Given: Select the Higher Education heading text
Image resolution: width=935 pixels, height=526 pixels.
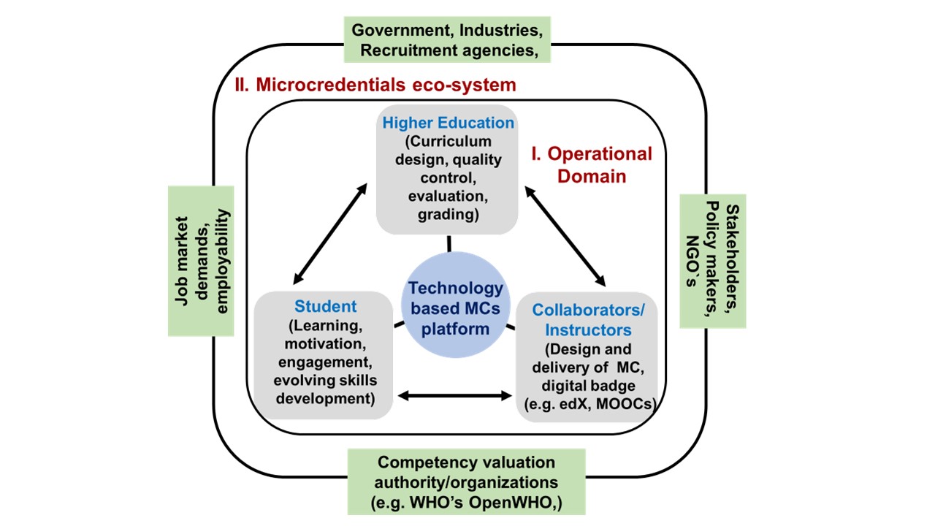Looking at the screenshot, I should coord(448,122).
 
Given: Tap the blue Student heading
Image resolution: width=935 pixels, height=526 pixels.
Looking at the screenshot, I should coord(325,306).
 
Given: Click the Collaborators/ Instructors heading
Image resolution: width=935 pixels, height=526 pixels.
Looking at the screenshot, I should coord(587,320).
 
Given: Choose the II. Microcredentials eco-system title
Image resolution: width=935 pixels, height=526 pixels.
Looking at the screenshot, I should coord(375,85).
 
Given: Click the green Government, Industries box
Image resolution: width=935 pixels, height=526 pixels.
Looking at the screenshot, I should coord(447,41).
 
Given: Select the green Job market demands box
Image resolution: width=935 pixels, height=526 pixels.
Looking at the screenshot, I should coord(201,261).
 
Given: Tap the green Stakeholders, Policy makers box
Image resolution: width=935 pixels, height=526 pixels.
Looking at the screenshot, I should coord(713,261).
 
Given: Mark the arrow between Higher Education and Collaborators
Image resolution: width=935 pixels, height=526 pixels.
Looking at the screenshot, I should coord(566,234).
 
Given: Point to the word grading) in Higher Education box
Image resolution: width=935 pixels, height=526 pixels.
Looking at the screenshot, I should coord(448,215).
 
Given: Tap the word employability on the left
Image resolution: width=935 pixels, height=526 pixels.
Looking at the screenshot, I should coord(222,261).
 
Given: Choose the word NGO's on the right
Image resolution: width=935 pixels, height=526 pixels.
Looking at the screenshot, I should coord(690,261).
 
